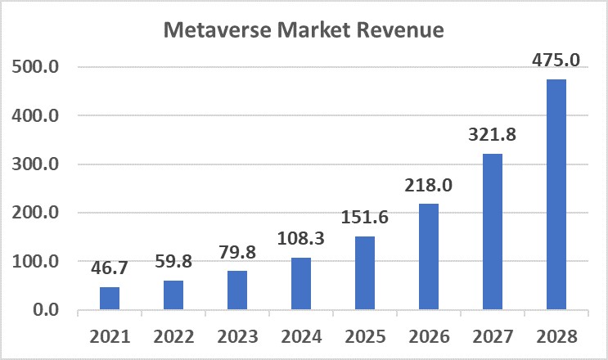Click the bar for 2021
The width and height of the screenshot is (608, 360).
(110, 299)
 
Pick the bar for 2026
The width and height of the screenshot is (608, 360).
(429, 257)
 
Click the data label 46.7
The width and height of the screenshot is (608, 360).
(110, 267)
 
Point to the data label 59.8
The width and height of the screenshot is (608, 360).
(173, 263)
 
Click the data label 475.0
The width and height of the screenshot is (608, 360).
(556, 61)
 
